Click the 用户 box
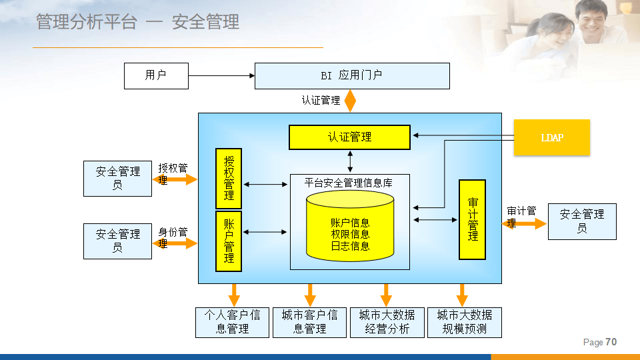click(x=156, y=75)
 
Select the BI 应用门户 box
click(x=352, y=76)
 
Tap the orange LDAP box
click(x=552, y=137)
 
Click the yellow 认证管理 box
click(x=349, y=137)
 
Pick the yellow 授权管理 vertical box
click(x=229, y=179)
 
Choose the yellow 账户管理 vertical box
click(x=229, y=241)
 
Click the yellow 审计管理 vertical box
click(x=472, y=219)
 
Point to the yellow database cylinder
click(x=350, y=227)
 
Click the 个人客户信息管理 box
click(x=233, y=322)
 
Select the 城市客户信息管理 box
click(x=310, y=322)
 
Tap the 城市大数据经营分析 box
click(x=387, y=322)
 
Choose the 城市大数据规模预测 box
click(x=464, y=322)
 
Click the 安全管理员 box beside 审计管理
click(x=582, y=221)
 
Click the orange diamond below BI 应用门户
click(x=349, y=101)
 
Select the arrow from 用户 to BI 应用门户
click(x=221, y=76)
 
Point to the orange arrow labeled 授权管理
click(x=179, y=179)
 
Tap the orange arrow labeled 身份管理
click(x=178, y=243)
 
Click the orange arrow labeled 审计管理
click(x=525, y=224)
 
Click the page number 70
click(x=611, y=342)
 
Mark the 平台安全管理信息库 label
click(x=349, y=182)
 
